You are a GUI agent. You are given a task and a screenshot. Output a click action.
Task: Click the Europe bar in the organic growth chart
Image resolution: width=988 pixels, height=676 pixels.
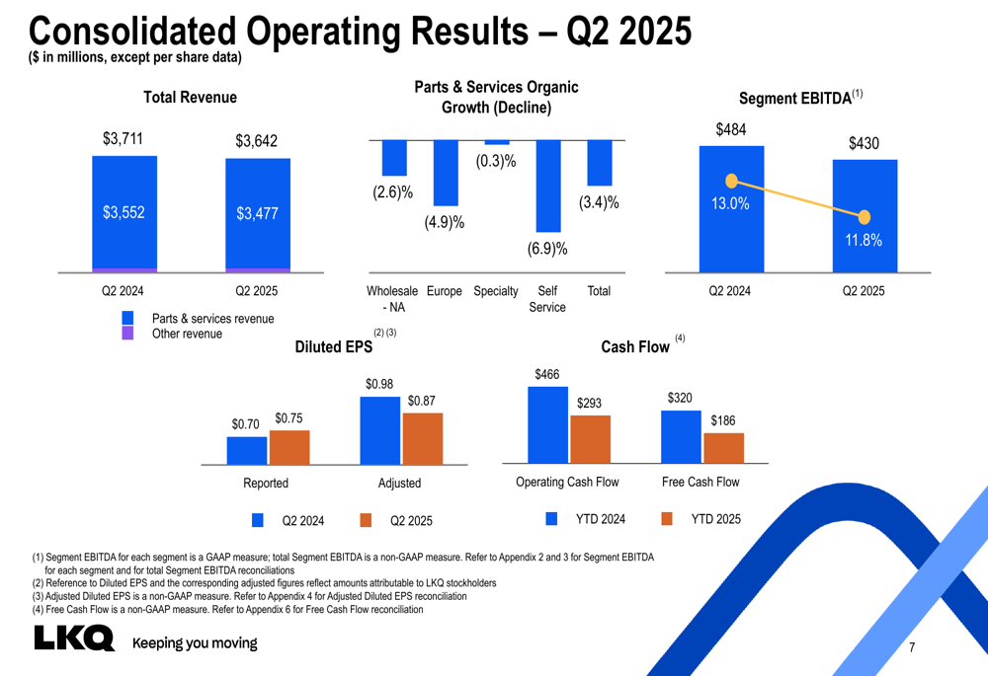click(446, 173)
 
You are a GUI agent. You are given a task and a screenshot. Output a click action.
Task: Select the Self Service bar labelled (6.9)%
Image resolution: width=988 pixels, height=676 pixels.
click(548, 186)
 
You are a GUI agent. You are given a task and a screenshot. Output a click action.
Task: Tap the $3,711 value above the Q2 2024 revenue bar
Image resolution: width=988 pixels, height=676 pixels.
click(123, 139)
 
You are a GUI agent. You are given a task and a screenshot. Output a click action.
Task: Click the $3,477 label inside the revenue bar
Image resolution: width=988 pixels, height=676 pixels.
click(257, 214)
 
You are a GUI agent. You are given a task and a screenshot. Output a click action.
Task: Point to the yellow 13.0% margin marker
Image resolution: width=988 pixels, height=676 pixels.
click(731, 181)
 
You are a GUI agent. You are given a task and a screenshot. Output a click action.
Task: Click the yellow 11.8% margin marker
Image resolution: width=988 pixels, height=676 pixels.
click(864, 217)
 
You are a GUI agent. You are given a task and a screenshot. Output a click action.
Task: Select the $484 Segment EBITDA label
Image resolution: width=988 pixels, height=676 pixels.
click(731, 129)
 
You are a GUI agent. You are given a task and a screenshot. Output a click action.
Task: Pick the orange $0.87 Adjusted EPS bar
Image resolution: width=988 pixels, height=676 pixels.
click(423, 438)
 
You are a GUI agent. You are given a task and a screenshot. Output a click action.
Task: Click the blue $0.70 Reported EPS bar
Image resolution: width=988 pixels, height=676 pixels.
click(247, 450)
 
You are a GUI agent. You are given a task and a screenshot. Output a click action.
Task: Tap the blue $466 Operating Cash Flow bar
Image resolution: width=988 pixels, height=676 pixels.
click(547, 424)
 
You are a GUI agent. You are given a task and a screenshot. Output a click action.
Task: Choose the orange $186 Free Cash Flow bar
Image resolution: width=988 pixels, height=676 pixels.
click(723, 448)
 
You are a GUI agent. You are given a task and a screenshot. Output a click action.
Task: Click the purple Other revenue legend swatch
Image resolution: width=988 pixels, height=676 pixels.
click(127, 334)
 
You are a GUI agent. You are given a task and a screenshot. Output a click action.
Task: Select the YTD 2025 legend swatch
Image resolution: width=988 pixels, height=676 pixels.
click(666, 519)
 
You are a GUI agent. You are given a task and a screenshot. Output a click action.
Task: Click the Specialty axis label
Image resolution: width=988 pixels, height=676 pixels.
click(496, 291)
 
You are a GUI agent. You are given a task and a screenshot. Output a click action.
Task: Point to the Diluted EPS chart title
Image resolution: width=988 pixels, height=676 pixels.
click(334, 346)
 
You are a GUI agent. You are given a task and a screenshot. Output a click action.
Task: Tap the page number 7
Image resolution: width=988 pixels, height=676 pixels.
click(911, 648)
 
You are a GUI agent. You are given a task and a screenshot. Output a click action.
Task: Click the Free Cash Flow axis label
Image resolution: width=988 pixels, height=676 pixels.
click(700, 483)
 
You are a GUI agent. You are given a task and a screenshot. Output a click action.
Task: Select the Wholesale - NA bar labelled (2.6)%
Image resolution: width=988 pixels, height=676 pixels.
click(394, 158)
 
